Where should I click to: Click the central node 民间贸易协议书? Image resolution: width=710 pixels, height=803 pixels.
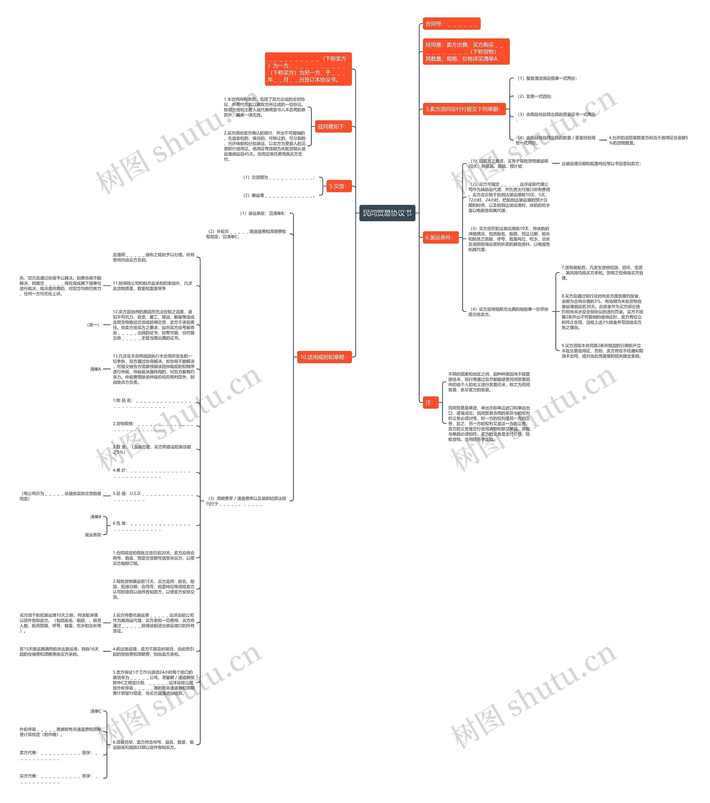pyautogui.click(x=387, y=213)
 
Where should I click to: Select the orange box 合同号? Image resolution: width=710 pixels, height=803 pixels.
pyautogui.click(x=451, y=24)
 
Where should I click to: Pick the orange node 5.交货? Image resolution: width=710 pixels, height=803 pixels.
pyautogui.click(x=338, y=186)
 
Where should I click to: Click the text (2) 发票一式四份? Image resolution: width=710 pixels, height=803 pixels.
pyautogui.click(x=535, y=96)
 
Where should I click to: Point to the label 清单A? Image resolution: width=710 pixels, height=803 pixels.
pyautogui.click(x=95, y=369)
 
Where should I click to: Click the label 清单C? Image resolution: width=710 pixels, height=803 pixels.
pyautogui.click(x=95, y=711)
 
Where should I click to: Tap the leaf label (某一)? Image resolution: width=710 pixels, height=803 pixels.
pyautogui.click(x=93, y=325)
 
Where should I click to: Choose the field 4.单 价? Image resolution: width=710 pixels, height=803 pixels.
pyautogui.click(x=152, y=473)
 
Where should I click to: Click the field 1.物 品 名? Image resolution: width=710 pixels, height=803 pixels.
pyautogui.click(x=152, y=403)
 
